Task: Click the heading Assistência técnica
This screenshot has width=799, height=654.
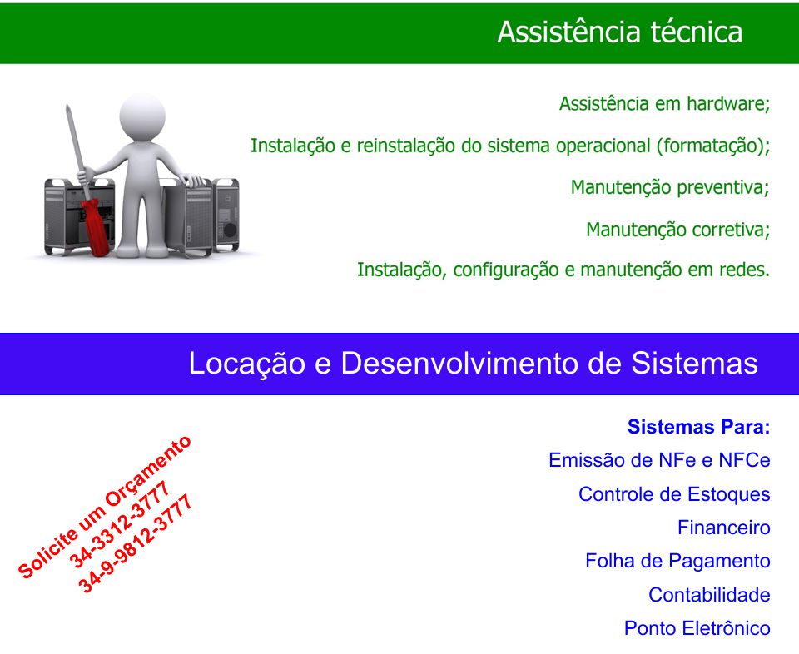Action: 619,32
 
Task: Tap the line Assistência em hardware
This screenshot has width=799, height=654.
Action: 664,104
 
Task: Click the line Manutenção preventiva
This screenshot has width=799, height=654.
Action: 669,187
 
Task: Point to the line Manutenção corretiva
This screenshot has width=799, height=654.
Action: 677,230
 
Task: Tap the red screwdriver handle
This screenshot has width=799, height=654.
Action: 96,227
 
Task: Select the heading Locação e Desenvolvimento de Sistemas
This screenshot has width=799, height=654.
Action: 473,363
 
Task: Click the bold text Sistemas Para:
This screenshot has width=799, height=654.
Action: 698,427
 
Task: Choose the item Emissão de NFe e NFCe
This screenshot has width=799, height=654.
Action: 659,460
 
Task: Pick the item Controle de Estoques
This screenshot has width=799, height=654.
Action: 674,494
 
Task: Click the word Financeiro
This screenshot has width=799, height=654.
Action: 723,528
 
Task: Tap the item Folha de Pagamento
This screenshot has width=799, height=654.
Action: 677,562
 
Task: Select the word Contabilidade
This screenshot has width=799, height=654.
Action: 709,595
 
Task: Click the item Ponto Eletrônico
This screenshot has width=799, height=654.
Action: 697,628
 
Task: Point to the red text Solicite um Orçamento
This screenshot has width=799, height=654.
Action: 105,507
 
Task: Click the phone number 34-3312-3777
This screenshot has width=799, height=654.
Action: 119,524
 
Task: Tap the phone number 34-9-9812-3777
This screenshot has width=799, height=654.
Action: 136,543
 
